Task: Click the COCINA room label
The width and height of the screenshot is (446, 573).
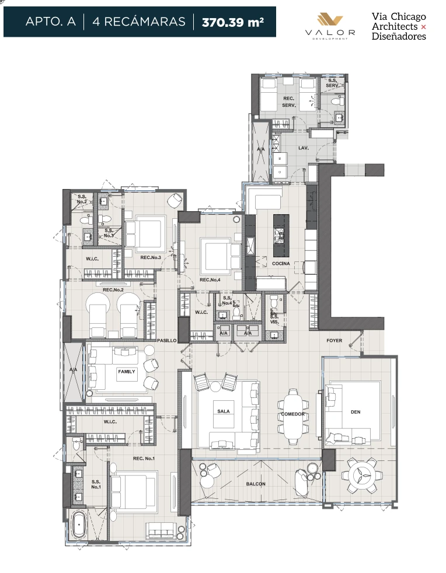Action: click(x=281, y=264)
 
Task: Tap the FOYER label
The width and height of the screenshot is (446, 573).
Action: click(x=334, y=341)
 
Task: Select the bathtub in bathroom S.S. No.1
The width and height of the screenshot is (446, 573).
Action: click(x=79, y=525)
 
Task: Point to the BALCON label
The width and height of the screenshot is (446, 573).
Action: click(x=256, y=484)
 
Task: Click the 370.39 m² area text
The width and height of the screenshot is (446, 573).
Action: click(x=233, y=22)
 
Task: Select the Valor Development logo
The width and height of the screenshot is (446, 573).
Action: click(x=330, y=26)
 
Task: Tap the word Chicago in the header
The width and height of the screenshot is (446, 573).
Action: click(x=408, y=17)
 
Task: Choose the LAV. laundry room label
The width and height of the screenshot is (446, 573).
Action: click(x=304, y=148)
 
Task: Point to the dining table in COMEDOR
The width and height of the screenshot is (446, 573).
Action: click(x=293, y=417)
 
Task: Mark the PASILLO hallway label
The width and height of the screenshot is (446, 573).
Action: click(x=167, y=341)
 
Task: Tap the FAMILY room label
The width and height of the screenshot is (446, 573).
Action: click(x=127, y=372)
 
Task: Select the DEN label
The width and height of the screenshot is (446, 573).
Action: click(x=356, y=412)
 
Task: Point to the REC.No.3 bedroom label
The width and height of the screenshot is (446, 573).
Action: click(x=151, y=258)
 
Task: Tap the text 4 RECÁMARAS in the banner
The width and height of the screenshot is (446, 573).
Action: click(x=139, y=22)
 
